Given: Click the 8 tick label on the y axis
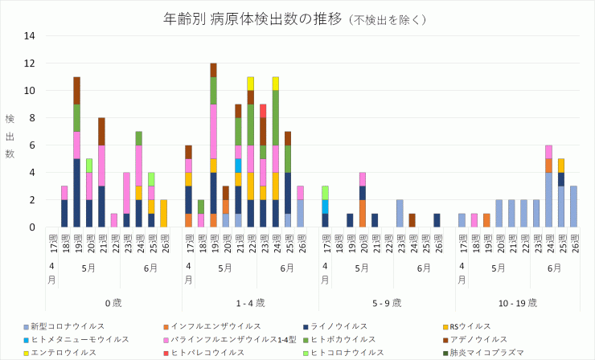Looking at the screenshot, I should point(31,118).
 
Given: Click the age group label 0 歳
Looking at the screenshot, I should point(113,302).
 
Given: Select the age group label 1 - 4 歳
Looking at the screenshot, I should point(249,302).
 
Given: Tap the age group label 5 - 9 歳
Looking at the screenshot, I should point(387,302).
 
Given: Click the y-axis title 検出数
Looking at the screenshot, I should point(10,135).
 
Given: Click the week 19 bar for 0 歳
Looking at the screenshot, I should point(77,152).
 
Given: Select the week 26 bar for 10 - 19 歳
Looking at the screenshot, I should point(573,207).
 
